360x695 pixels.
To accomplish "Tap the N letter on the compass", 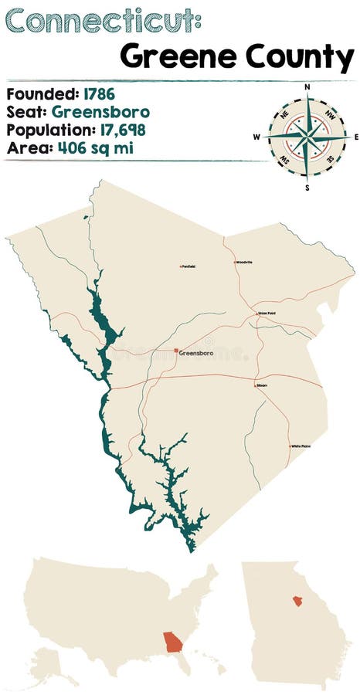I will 307,87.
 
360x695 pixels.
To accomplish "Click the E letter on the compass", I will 355,137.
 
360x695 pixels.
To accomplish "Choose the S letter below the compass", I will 307,187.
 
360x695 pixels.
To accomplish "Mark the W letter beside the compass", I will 257,137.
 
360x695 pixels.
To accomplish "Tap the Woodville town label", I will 244,263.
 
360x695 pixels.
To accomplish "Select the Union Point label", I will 267,313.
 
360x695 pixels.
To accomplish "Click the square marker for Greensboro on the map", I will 176,351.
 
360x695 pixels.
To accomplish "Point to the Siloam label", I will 262,385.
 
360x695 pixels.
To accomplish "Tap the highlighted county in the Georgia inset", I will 297,600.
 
